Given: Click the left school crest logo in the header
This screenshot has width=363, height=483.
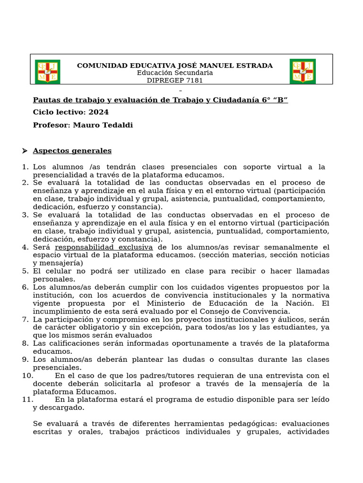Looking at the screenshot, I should click(x=47, y=72).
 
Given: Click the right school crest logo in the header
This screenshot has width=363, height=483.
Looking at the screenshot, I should click(x=302, y=71).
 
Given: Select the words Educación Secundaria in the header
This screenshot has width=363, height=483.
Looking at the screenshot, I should click(x=175, y=73).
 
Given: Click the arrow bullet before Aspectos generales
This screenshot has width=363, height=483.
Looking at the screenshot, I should click(x=25, y=151).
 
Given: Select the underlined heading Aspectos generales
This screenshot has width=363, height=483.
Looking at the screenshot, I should click(x=72, y=151).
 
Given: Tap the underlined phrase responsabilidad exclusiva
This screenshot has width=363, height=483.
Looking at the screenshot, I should click(x=104, y=247).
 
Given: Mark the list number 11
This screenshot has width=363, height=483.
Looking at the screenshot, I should click(x=26, y=400).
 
